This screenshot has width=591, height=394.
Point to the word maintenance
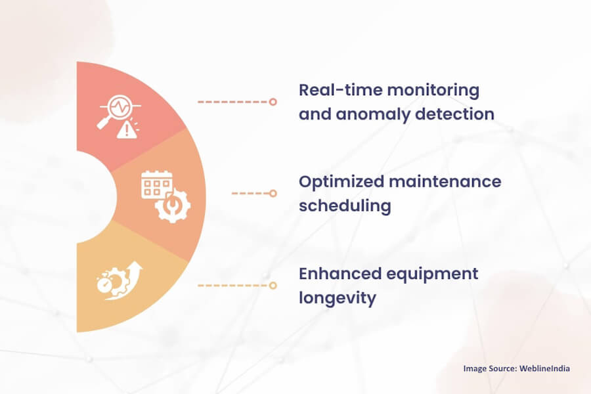coord(446,181)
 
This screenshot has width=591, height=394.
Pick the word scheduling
coord(345,206)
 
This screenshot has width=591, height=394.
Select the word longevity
coord(338,298)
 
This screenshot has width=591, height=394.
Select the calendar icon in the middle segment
coord(156,185)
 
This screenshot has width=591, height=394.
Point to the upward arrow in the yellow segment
coord(135,272)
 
